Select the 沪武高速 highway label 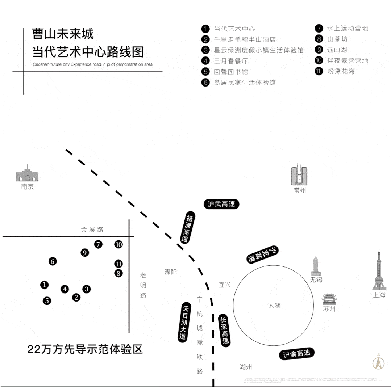(221, 204)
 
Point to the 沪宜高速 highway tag (263, 255)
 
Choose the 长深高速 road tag (225, 330)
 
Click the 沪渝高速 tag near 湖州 (296, 354)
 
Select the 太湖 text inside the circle (274, 305)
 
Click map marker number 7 (98, 244)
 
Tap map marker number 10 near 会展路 (118, 244)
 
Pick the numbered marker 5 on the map (47, 300)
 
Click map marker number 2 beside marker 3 (76, 297)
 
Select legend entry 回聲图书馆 (230, 72)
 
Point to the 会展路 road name (92, 229)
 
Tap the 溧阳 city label (171, 272)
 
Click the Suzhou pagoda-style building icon (329, 300)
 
